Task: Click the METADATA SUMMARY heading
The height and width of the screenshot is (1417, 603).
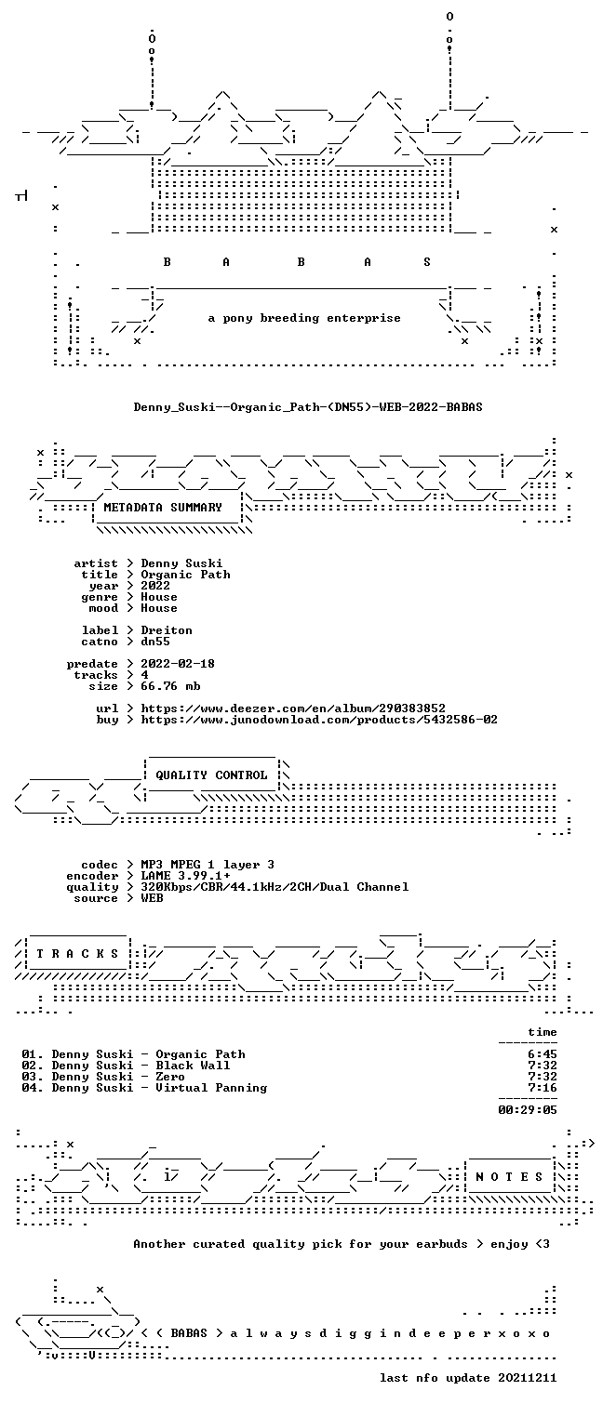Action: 163,508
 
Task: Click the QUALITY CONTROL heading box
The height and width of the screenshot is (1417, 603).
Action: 211,775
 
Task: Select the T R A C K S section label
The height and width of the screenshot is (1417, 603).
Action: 78,954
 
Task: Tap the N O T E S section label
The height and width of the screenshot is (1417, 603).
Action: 509,1176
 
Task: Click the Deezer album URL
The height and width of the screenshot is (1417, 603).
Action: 292,708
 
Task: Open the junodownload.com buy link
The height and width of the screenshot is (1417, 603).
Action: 318,720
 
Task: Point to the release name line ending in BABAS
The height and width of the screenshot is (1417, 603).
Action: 308,406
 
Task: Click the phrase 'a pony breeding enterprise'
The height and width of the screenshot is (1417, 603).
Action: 304,318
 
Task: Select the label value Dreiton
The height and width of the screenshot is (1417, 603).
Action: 166,630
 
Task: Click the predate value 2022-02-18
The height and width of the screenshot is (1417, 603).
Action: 178,664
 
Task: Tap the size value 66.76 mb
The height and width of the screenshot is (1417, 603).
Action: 170,686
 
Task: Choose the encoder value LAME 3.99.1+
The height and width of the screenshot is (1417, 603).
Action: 185,876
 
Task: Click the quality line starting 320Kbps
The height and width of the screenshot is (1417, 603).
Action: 275,887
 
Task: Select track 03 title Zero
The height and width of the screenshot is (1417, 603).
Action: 169,1077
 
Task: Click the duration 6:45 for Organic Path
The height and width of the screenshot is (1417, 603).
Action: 543,1054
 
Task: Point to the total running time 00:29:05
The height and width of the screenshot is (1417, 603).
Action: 527,1110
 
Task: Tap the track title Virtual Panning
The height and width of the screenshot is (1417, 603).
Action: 211,1088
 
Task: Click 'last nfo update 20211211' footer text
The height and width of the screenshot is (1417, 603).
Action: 468,1378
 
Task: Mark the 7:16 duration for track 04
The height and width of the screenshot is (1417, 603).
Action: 543,1088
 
